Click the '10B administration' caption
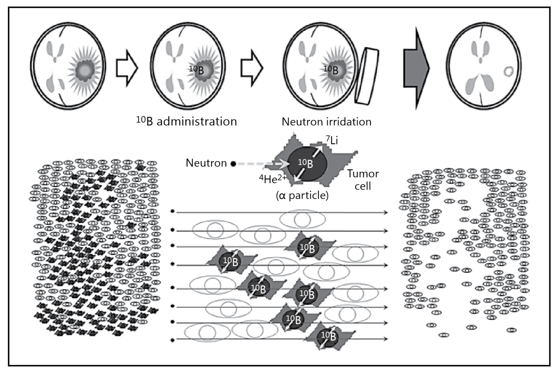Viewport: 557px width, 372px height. [187, 122]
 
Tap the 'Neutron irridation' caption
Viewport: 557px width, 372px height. [326, 122]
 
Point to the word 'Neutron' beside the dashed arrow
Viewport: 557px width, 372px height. [206, 163]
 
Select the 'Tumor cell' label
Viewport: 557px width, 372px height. [363, 180]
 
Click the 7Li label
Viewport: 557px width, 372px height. [332, 140]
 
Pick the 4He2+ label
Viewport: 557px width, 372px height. [273, 179]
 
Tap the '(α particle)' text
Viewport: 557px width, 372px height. [302, 195]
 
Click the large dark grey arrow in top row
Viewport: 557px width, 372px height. [416, 68]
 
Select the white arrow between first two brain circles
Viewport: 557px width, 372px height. [127, 68]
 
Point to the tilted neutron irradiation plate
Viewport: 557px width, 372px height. [367, 76]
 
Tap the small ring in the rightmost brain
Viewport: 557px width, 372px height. [508, 71]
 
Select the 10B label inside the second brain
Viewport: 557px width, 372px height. [196, 70]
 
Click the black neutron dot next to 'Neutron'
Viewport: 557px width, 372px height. [233, 164]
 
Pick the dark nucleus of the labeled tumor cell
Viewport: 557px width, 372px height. [307, 163]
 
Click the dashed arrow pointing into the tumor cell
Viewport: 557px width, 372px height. [261, 164]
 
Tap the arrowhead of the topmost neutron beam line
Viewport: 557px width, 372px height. [385, 212]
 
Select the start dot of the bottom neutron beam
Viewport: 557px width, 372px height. [173, 340]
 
